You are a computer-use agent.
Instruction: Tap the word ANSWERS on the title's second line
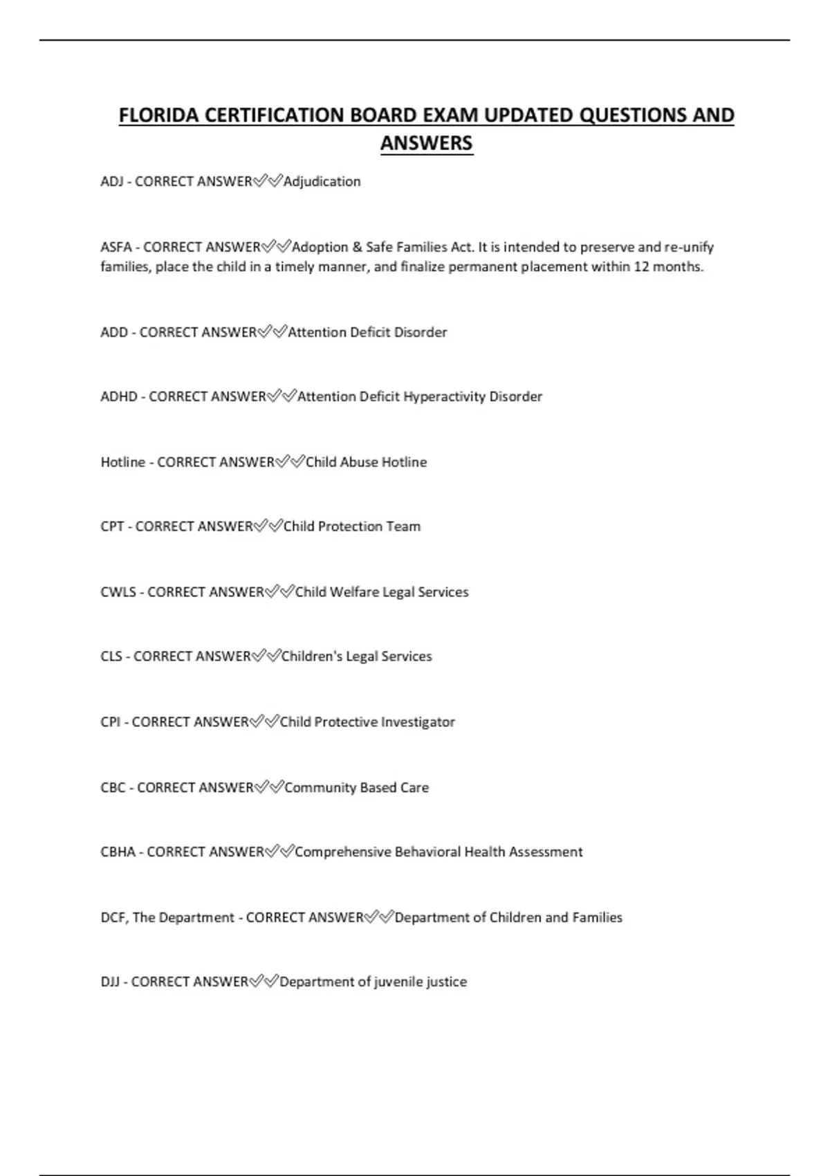(x=426, y=143)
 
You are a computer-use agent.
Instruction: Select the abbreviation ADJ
(x=111, y=182)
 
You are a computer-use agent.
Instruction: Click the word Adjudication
(x=322, y=182)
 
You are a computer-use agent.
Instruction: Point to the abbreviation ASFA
(x=116, y=247)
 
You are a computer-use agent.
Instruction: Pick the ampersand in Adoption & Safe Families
(x=357, y=247)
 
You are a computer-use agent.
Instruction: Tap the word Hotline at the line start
(x=123, y=462)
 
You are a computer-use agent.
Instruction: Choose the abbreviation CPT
(x=112, y=526)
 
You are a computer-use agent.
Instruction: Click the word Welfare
(x=354, y=592)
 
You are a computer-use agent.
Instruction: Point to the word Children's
(x=312, y=656)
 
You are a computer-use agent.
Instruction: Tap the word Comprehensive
(x=343, y=852)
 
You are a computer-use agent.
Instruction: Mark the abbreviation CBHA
(x=118, y=852)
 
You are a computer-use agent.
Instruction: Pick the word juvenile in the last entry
(x=398, y=982)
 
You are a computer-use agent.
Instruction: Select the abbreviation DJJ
(x=110, y=982)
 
